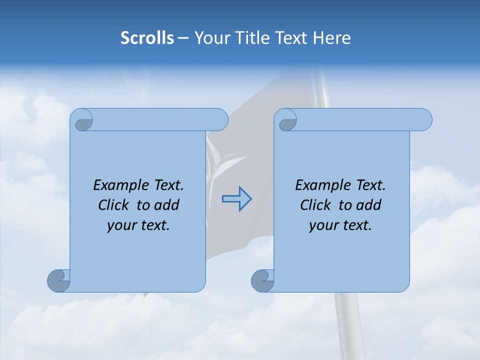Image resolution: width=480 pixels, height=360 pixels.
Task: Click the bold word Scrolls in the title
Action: (x=147, y=38)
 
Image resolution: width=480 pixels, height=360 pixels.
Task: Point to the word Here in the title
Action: (x=332, y=38)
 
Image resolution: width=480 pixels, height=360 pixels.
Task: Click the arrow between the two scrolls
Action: (x=237, y=199)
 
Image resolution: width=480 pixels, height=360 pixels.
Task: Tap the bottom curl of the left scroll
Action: (x=58, y=280)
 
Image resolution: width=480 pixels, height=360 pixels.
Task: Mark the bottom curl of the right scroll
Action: (x=262, y=280)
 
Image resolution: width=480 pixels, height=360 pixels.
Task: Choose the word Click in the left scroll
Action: (x=114, y=205)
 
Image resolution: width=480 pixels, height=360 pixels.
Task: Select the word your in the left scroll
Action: (x=121, y=226)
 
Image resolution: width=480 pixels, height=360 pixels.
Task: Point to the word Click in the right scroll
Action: (x=316, y=205)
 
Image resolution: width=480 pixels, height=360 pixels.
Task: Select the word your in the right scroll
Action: (x=323, y=226)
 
